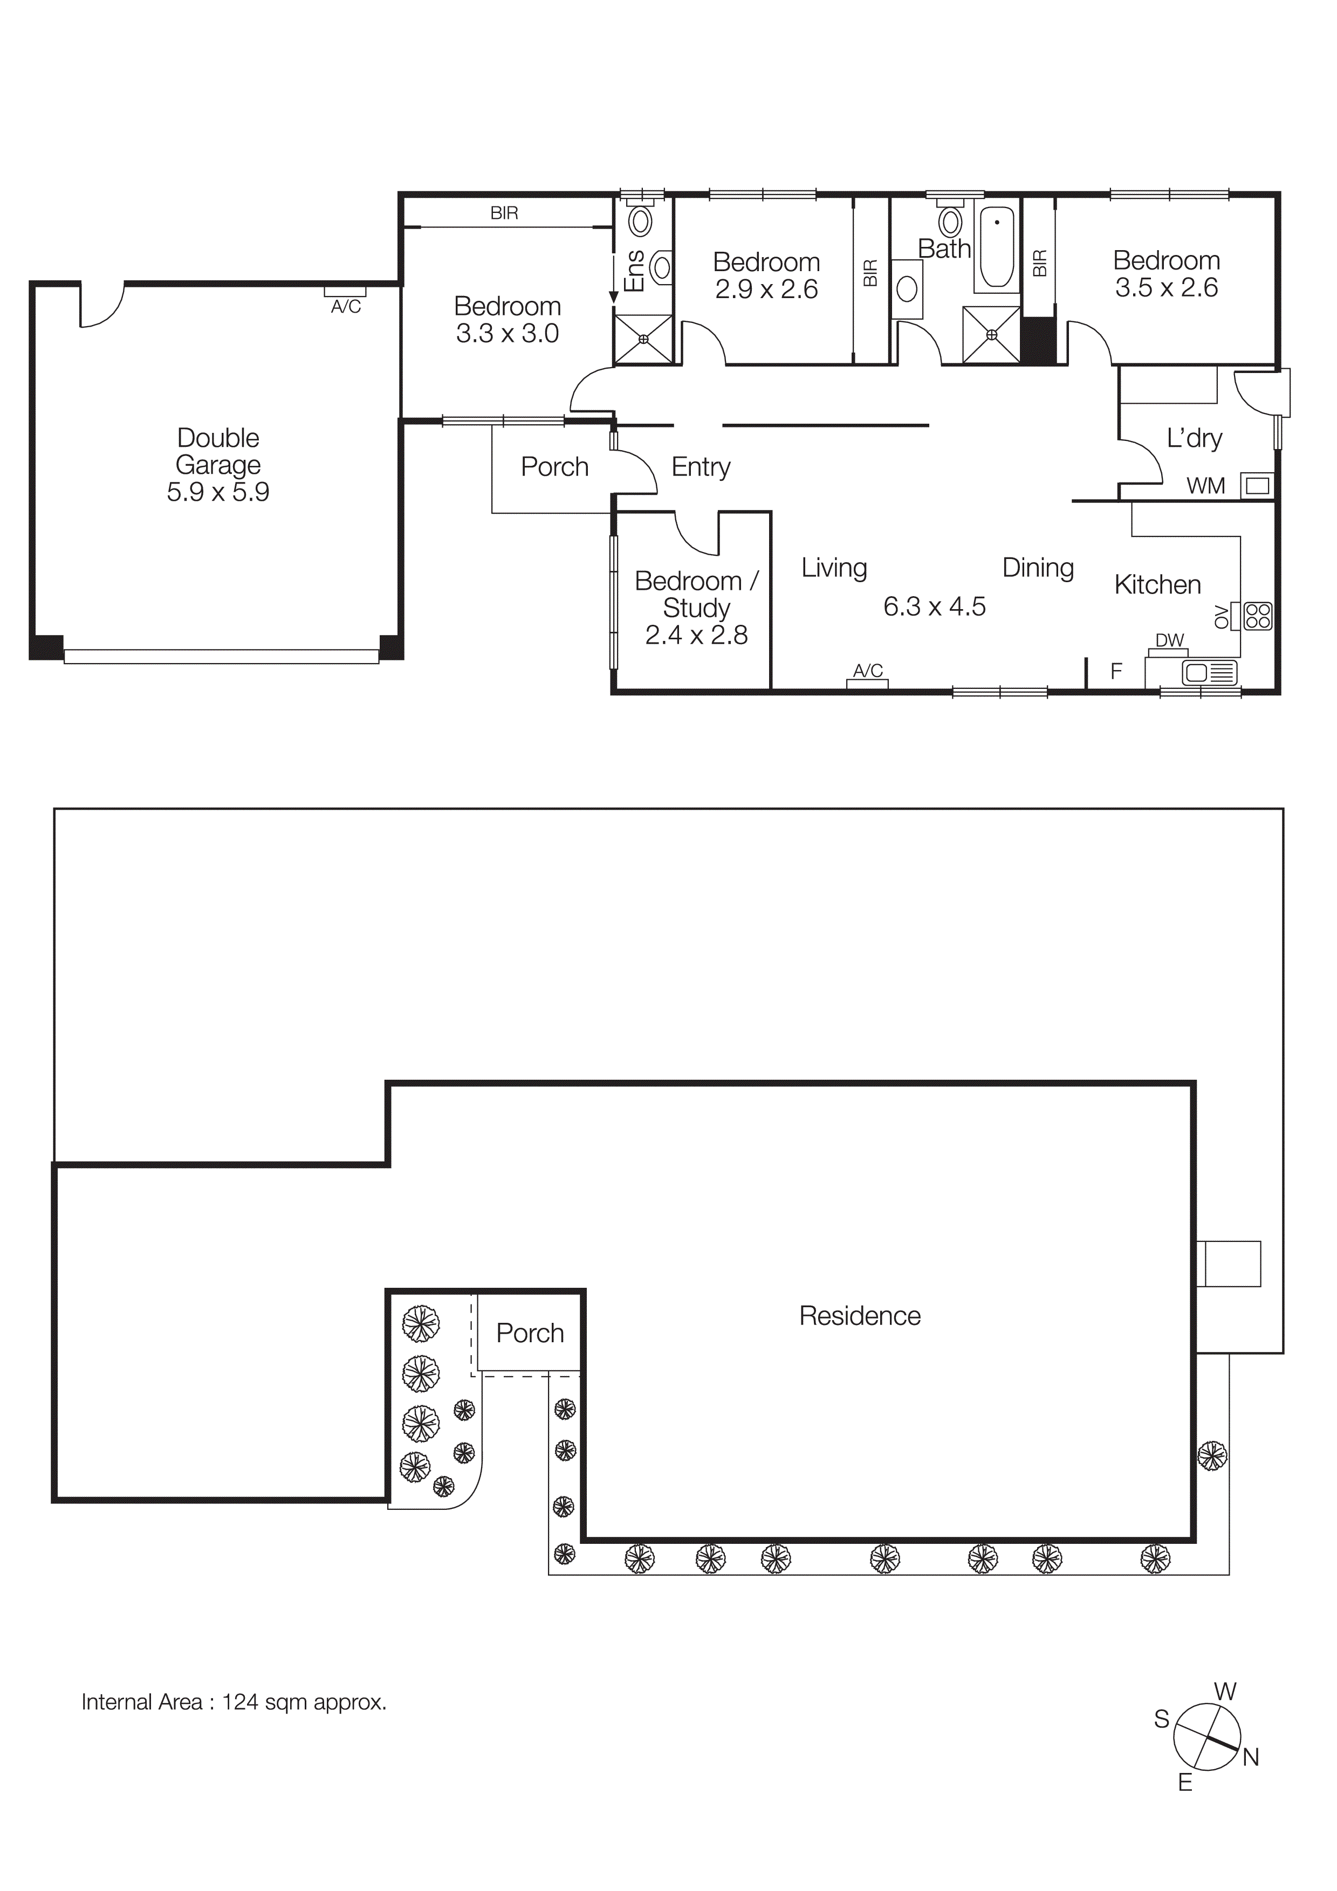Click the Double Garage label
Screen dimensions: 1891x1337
[x=218, y=451]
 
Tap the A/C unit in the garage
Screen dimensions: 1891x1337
[x=345, y=292]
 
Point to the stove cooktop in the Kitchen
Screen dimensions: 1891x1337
[x=1258, y=616]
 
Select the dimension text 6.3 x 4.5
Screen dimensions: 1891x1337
[x=934, y=607]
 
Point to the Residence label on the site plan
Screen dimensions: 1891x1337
[x=859, y=1316]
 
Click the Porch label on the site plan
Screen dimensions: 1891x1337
[x=530, y=1334]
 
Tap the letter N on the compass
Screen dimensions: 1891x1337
[x=1251, y=1757]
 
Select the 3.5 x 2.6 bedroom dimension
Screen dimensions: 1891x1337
[x=1165, y=287]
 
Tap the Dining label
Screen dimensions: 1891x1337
[x=1037, y=568]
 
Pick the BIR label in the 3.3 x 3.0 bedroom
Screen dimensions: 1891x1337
[x=504, y=213]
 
